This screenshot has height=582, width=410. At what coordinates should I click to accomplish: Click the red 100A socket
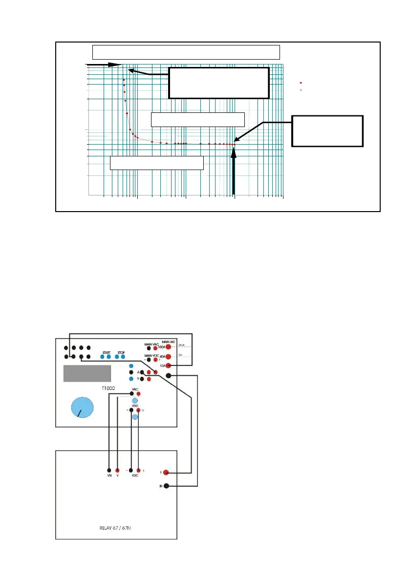click(169, 347)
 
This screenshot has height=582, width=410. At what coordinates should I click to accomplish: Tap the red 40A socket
click(169, 357)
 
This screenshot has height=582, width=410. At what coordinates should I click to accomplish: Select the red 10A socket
click(169, 366)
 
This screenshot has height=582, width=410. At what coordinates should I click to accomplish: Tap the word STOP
click(121, 352)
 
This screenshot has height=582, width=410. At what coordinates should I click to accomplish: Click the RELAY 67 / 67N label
click(116, 528)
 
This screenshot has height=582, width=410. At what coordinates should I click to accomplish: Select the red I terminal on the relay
click(166, 472)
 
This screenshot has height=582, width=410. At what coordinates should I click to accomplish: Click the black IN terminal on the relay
click(166, 486)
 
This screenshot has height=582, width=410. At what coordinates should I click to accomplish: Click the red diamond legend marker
click(301, 83)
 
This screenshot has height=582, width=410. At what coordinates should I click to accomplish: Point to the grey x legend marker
click(301, 90)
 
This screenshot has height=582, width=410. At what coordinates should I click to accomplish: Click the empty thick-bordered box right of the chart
click(327, 131)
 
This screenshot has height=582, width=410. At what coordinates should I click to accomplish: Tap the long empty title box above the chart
click(186, 52)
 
